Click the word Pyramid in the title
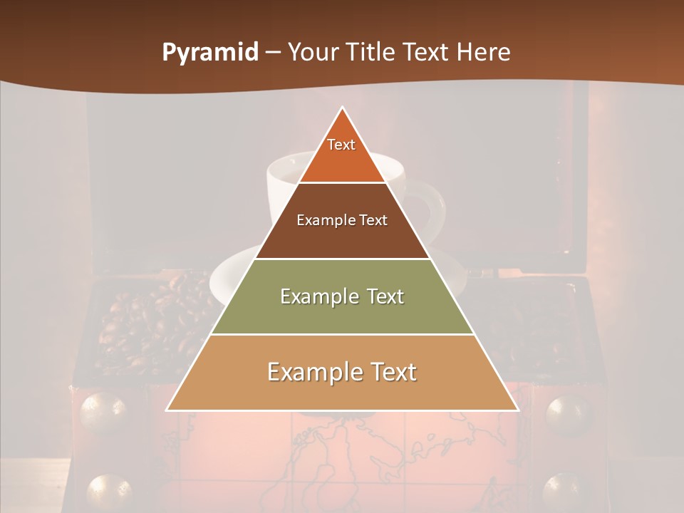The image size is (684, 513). pos(209,53)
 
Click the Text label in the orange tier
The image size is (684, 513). pos(341,145)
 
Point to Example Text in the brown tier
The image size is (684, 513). pos(342,220)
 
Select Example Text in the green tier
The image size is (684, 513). pos(342,296)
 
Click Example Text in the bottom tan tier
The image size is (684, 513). pos(342,372)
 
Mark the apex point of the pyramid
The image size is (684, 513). pos(342,108)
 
